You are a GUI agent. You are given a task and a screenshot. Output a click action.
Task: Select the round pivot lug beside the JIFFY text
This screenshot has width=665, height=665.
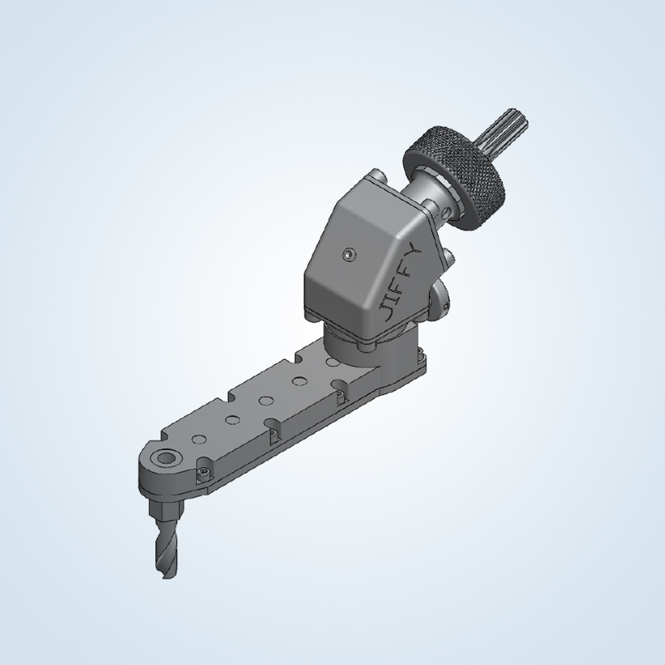click(x=439, y=295)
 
